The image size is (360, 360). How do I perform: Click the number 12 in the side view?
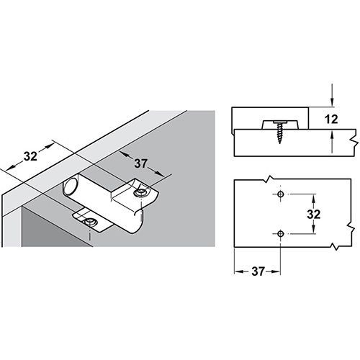point(331,119)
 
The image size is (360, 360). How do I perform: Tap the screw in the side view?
point(279,132)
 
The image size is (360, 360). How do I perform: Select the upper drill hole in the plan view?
point(280,194)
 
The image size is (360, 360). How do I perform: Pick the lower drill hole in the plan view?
point(280,233)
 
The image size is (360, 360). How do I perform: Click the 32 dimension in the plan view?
point(314,214)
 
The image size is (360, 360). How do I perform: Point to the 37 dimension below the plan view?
point(258,271)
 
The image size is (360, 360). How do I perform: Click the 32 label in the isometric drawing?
point(30,156)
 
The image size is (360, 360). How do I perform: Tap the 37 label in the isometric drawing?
point(141,163)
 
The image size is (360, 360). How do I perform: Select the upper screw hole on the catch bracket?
point(141,193)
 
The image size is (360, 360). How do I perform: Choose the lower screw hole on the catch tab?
point(91,222)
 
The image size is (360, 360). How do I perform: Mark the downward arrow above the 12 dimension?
point(332,95)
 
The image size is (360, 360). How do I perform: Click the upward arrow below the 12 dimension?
point(332,143)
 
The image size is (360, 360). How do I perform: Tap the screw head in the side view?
point(279,123)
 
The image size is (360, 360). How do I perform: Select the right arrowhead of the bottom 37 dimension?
point(276,271)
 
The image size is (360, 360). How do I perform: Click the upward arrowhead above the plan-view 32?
point(313,198)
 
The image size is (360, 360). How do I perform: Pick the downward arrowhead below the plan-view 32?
point(313,230)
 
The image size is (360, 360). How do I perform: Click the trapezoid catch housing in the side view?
point(279,125)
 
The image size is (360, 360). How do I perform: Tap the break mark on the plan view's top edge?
point(269,179)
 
